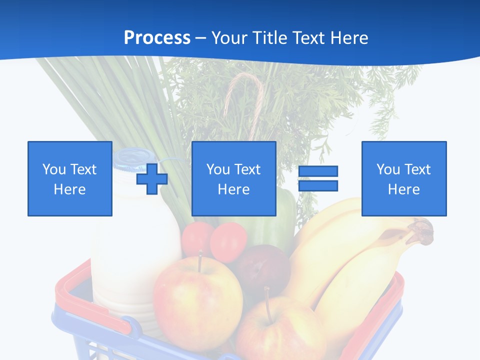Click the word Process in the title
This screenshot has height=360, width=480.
[x=157, y=38]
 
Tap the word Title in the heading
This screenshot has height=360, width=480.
[x=270, y=38]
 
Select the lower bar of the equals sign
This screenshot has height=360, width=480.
[x=318, y=186]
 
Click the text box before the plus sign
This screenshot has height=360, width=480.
[x=70, y=178]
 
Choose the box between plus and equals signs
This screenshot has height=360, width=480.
[x=233, y=178]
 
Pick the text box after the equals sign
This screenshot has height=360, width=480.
[x=404, y=178]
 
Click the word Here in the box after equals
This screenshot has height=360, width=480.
[x=404, y=189]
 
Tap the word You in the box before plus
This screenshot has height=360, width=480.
[x=53, y=169]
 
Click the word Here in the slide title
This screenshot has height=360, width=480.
[x=349, y=38]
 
